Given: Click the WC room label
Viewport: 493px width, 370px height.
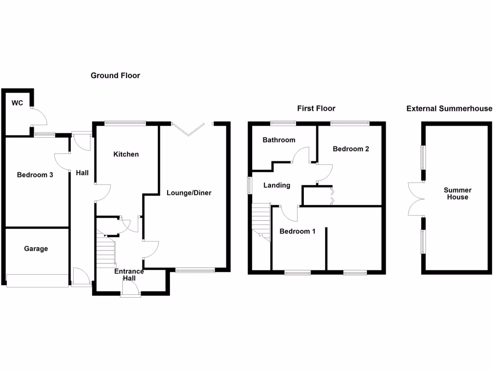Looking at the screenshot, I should click(17, 103).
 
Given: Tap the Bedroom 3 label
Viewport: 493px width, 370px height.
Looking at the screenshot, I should click(35, 175).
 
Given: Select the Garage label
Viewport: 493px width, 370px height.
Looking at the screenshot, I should click(36, 249).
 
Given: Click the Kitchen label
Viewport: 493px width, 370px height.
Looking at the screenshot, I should click(126, 154).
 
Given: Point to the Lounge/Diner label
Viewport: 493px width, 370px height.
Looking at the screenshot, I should click(189, 193).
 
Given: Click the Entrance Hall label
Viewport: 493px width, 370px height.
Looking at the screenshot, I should click(129, 275).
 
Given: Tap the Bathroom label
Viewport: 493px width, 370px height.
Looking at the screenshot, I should click(279, 140).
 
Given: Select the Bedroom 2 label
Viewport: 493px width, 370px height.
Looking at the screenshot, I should click(351, 149).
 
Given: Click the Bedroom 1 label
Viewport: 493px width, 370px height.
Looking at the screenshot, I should click(298, 231).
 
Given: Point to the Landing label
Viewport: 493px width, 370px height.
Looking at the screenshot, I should click(277, 185).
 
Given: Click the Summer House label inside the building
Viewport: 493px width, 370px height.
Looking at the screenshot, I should click(457, 194).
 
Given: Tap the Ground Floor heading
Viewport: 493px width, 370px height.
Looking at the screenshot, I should click(116, 76).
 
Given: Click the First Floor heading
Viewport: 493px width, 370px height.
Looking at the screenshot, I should click(316, 108).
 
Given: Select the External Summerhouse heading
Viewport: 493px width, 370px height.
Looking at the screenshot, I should click(449, 108).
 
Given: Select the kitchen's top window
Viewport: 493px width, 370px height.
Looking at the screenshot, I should click(125, 123).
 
